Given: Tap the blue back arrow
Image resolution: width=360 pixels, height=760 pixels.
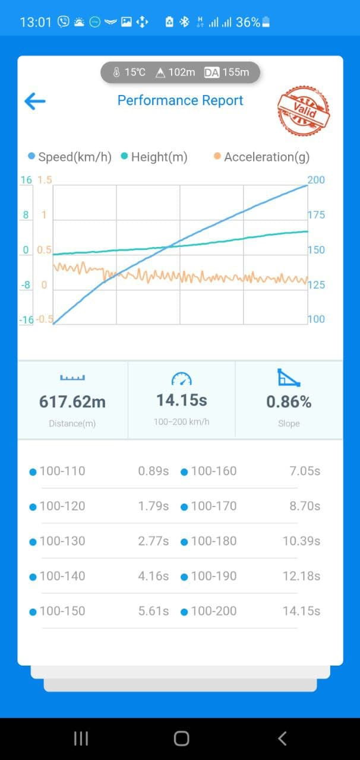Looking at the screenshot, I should pos(35,101).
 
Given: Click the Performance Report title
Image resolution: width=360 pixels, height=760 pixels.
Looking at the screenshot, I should pos(180,100).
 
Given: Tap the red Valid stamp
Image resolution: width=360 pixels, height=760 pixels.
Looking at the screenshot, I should pos(304,110).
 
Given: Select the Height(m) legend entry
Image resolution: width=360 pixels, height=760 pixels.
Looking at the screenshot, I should pos(154,157).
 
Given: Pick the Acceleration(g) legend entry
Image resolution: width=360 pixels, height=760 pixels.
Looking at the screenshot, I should pos(261,157).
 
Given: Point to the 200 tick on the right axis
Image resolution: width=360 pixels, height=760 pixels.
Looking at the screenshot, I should pos(316,180).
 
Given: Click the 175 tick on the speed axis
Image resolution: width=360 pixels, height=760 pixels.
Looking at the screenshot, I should pos(316,215).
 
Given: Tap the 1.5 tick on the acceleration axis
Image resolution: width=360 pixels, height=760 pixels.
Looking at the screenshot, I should pos(45,180).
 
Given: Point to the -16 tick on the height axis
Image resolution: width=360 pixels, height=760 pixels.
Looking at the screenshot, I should pos(26,320).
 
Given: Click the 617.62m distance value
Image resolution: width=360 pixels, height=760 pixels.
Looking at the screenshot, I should pos(72,402).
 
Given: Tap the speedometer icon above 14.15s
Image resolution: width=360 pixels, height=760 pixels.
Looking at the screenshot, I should pos(181,379).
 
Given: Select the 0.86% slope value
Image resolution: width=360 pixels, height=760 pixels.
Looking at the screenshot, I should pos(289,402).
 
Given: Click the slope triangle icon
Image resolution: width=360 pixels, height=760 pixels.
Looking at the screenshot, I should pos(289,378).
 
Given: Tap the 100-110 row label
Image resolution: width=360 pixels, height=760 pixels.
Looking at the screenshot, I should pos(62,471).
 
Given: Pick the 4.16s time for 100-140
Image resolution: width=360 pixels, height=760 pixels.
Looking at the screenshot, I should pos(153,576).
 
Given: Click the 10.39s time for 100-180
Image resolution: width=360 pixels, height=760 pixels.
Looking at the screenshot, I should pos(301,541).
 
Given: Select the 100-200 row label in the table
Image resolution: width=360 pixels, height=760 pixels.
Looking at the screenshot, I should pos(213,611).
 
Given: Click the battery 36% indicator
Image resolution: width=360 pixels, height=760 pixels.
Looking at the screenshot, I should pos(253,23).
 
